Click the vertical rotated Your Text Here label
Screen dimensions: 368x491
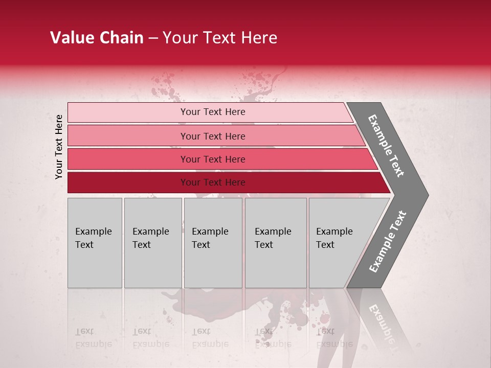(59, 147)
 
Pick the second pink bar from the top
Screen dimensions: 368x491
(213, 136)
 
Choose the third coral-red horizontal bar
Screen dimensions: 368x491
(213, 159)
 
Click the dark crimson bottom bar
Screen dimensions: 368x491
(213, 182)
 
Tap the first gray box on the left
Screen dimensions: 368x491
(95, 243)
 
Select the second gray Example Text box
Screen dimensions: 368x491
(152, 243)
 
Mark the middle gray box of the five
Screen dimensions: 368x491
(213, 243)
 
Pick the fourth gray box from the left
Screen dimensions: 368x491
(276, 243)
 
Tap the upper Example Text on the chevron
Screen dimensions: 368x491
(386, 146)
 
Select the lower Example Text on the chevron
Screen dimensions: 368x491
(387, 242)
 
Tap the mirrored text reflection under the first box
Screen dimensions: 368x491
(93, 337)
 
